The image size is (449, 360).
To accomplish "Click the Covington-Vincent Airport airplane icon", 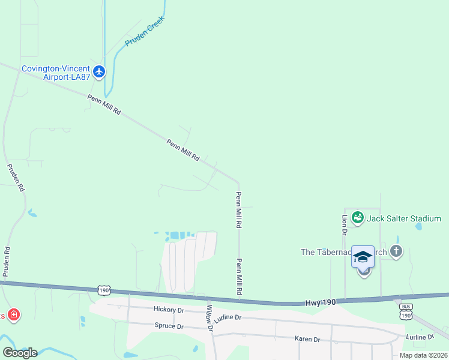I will click(x=99, y=72).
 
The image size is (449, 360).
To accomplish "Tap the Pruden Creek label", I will click(x=145, y=31).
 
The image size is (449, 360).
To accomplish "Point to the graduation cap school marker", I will click(x=363, y=257).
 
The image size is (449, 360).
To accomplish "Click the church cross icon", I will click(x=396, y=251).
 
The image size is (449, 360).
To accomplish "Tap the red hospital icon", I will click(x=13, y=314).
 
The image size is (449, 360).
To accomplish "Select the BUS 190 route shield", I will click(x=406, y=312).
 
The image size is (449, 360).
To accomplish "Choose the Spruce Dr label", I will click(x=169, y=326).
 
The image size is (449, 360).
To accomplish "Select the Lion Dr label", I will click(x=345, y=224).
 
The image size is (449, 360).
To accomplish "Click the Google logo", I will click(x=20, y=352).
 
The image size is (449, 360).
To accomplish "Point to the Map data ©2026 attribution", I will click(x=423, y=355).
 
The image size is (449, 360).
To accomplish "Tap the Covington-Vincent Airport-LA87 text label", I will click(x=55, y=69).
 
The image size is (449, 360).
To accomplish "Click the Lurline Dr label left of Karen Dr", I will click(x=228, y=317).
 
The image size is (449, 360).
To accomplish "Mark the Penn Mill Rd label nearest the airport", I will click(x=104, y=104).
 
